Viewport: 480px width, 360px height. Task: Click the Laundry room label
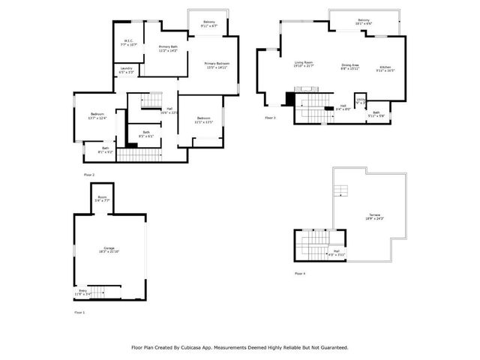[127, 70]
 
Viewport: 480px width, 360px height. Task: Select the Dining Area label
[350, 66]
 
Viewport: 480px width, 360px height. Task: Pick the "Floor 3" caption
[270, 118]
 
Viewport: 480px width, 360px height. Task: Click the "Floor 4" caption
[301, 274]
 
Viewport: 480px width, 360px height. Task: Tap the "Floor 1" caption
[79, 311]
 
